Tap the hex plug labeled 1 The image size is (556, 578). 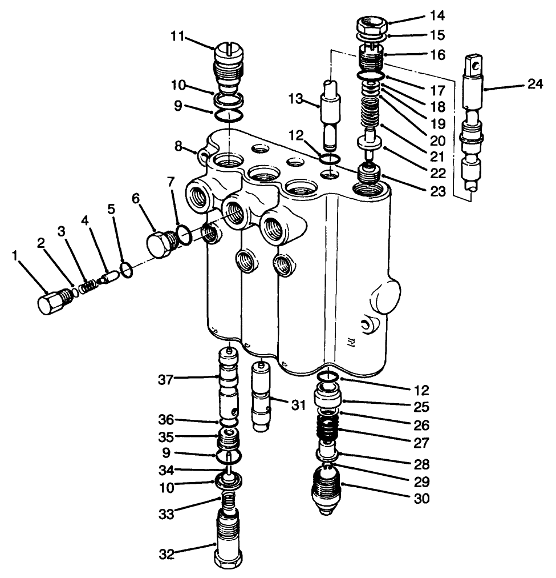[50, 301]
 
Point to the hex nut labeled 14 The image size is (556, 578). [372, 26]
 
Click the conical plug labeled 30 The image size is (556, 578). [327, 492]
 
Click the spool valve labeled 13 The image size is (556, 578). [330, 114]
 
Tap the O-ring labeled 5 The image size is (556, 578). [127, 269]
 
